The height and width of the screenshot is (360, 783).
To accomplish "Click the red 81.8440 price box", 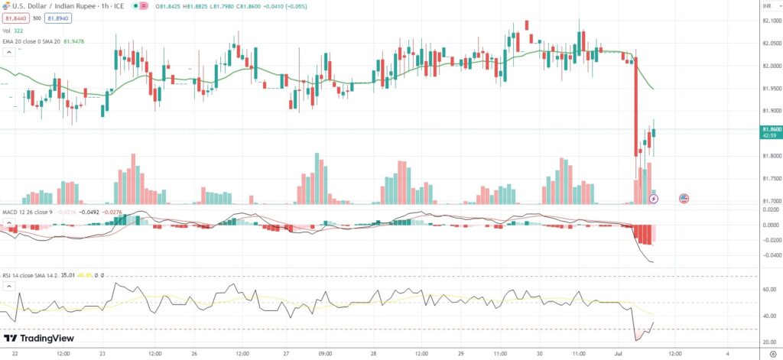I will (x=18, y=18).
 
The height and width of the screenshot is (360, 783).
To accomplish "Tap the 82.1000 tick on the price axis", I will (x=771, y=21).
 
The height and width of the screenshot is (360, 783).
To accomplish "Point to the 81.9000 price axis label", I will (x=771, y=112).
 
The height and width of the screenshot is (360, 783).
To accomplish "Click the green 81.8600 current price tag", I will (x=771, y=130).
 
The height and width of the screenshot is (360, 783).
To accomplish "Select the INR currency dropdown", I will (x=768, y=5).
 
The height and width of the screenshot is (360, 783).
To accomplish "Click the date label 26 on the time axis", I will (x=196, y=353).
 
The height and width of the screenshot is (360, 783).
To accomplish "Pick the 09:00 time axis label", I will (x=325, y=353).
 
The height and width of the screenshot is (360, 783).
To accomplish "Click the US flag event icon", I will (x=684, y=199).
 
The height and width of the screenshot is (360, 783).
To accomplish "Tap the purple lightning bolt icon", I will (x=653, y=199).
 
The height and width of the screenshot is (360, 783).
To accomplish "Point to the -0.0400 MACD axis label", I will (x=770, y=255).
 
